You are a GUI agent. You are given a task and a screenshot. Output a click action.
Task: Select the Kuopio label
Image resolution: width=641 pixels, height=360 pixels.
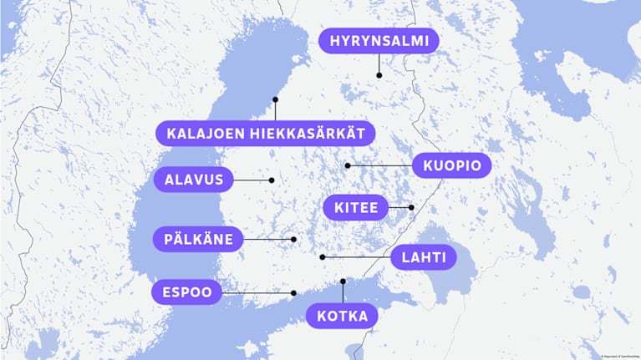point(451,165)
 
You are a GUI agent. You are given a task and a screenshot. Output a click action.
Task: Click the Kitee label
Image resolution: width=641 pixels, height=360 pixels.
point(356,207)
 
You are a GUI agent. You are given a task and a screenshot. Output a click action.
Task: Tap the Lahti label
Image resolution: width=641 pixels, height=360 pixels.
point(423,257)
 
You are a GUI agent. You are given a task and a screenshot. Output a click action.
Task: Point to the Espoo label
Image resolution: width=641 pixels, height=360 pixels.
point(187,292)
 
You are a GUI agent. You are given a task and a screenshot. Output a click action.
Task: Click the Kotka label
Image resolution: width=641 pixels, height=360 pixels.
point(343,317)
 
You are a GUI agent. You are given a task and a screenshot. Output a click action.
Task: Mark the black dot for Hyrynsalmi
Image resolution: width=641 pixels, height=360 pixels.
point(379,75)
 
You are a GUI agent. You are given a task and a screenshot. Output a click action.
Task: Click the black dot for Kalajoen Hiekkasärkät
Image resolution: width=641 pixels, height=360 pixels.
point(275,99)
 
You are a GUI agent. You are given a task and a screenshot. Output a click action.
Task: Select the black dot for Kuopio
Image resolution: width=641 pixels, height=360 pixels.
point(348,165)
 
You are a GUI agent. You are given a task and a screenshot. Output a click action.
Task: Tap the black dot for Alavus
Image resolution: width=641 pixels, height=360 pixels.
point(272,180)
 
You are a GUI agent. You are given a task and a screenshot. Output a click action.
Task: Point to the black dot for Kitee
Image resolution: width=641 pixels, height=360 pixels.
point(411,207)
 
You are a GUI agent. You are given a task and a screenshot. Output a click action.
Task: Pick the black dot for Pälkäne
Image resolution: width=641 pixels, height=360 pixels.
point(294,240)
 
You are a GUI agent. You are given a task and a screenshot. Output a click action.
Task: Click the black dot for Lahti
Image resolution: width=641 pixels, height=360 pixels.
point(323,257)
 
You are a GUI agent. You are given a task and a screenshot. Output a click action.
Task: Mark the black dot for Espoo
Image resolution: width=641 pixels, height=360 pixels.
point(294,292)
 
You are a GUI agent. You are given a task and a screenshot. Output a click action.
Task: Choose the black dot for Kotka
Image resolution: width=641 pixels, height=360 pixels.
point(343,281)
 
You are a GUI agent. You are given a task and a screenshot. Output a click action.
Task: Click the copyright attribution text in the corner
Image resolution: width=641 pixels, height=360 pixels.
point(618,356)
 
